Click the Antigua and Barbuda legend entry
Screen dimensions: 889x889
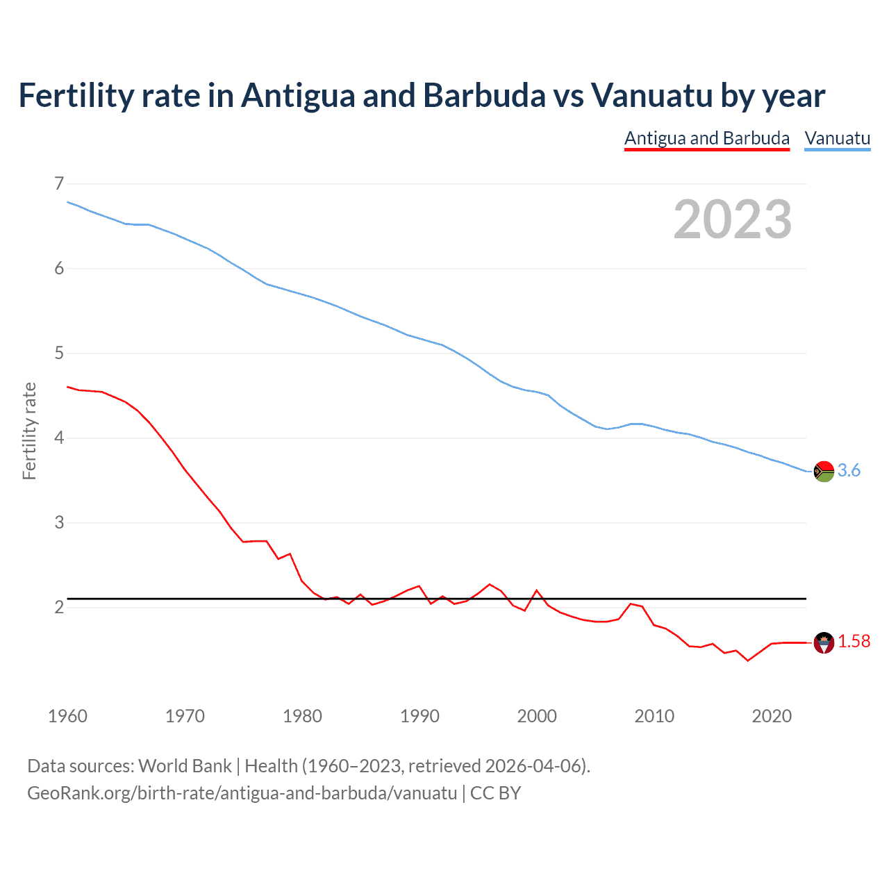(706, 138)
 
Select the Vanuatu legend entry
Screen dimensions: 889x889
(837, 138)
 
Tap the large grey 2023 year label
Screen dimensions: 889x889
(732, 219)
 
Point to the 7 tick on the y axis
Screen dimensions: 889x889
(59, 183)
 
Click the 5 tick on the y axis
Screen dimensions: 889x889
(59, 353)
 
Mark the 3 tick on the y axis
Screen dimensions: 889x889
(59, 522)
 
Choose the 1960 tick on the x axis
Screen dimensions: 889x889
(67, 716)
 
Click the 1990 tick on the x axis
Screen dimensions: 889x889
(419, 716)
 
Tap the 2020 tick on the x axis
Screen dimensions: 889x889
(772, 716)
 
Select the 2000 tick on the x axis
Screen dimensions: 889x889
(537, 716)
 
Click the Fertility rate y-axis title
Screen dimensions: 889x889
(29, 431)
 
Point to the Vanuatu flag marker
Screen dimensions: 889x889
(824, 471)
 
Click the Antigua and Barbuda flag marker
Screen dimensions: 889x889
(824, 643)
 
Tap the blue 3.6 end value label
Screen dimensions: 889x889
(849, 471)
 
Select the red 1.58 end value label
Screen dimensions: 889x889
(854, 642)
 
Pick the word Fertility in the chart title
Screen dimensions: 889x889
(75, 95)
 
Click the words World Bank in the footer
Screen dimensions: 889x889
(185, 766)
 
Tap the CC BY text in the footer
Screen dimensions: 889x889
(495, 793)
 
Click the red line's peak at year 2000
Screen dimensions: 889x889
(536, 590)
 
